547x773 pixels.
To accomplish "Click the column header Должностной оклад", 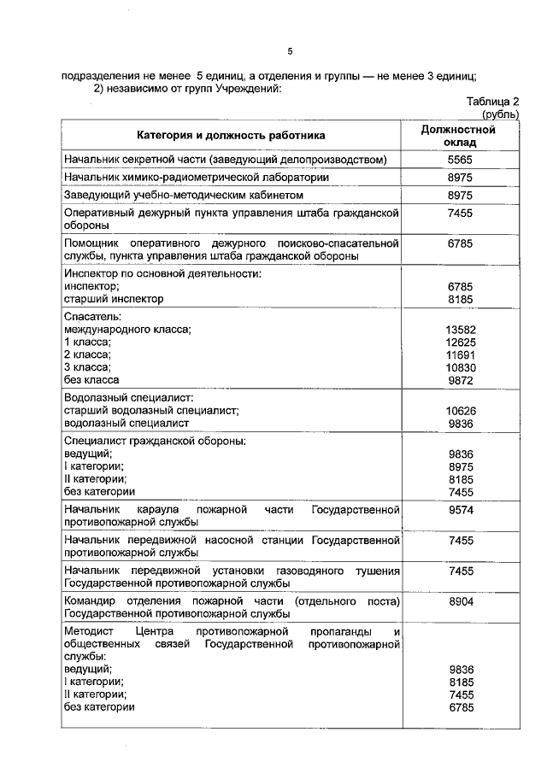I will (459, 136).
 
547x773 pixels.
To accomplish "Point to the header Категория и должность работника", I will (231, 136).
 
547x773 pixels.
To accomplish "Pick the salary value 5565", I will (460, 160).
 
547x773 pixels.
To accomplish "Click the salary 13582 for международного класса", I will (460, 331).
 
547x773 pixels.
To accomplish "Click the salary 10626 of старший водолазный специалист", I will (460, 411).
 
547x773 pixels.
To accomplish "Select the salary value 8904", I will (460, 602).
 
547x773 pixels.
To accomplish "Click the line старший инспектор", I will (113, 300).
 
